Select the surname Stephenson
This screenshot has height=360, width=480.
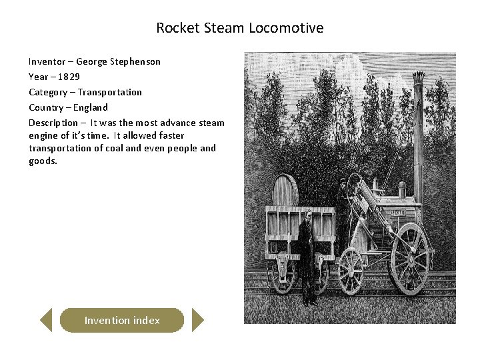click(136, 61)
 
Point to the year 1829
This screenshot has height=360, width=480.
click(69, 77)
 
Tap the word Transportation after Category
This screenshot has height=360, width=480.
click(109, 92)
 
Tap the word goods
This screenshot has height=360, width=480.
click(43, 161)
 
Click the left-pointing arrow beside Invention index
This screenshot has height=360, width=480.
click(46, 320)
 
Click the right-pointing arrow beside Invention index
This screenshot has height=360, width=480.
click(197, 320)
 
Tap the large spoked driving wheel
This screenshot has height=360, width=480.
click(409, 258)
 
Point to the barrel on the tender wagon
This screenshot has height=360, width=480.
click(285, 191)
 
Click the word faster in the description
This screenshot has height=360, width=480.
click(168, 135)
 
